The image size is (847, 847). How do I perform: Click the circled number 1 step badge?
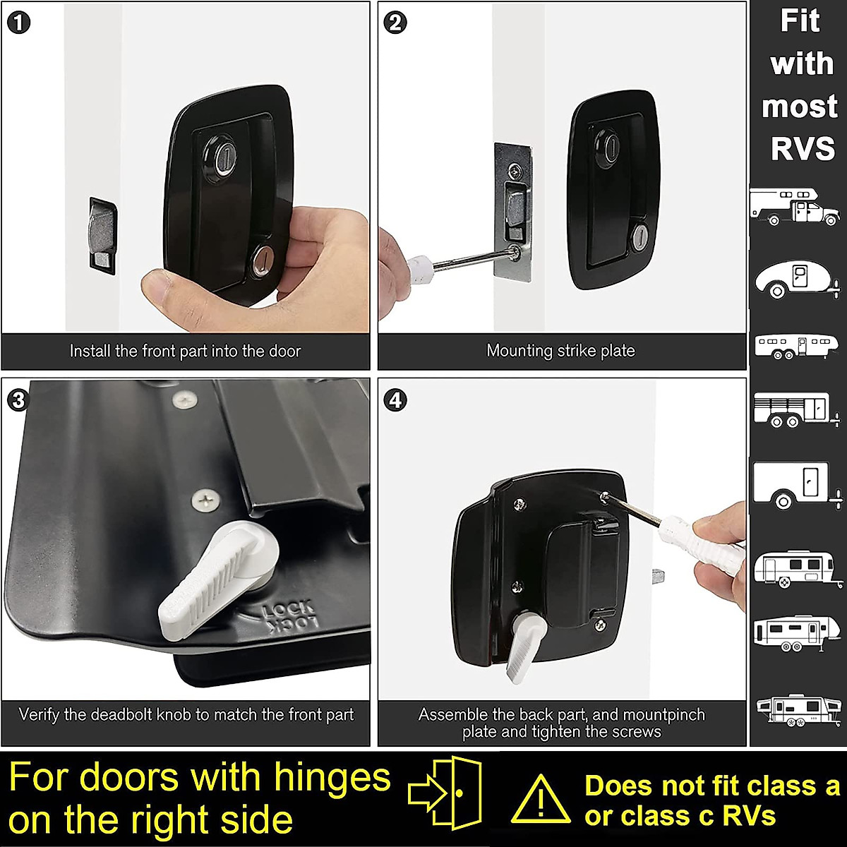pos(19,23)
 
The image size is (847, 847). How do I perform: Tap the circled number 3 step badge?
pos(19,400)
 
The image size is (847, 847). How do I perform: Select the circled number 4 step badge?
pos(396,400)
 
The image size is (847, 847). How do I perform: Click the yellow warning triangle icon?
pos(540,800)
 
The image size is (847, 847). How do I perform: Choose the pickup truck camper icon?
pos(795,206)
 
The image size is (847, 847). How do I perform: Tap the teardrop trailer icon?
pos(795,281)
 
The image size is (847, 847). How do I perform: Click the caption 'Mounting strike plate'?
pos(560,351)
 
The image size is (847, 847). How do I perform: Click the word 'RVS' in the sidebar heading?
pos(803,150)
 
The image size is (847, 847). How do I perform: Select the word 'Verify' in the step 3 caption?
pos(39,714)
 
